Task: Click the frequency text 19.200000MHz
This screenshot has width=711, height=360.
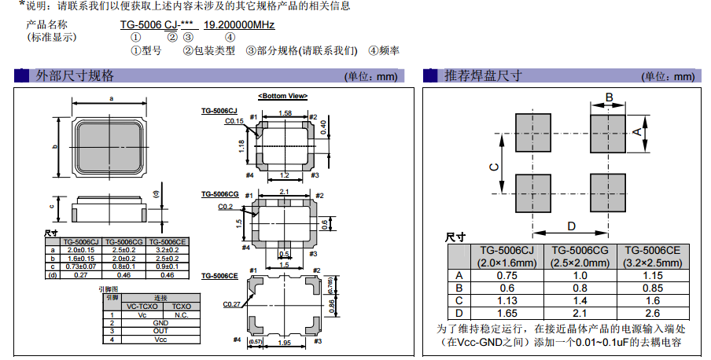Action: coord(239,25)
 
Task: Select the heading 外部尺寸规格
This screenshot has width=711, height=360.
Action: coord(75,76)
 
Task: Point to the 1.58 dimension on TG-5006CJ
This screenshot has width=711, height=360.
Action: coord(286,114)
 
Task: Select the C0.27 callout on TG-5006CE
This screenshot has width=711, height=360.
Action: coord(231,304)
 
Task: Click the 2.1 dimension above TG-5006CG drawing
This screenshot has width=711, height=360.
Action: coord(284,192)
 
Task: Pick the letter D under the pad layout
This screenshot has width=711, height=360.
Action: coord(572,226)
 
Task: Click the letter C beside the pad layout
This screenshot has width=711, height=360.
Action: coord(493,167)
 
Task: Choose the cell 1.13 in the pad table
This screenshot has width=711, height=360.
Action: coord(507,299)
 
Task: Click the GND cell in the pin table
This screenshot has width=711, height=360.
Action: coord(160,322)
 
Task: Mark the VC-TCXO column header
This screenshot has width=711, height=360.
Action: coord(142,306)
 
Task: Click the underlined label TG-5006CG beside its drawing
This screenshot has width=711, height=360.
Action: coord(219,193)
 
